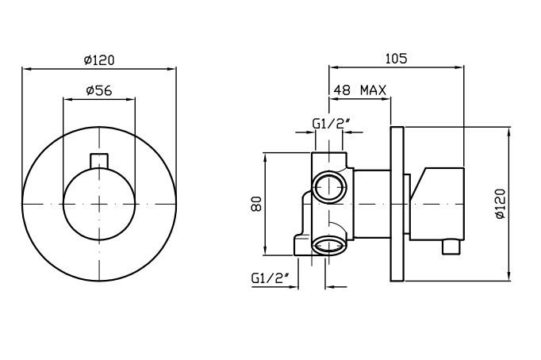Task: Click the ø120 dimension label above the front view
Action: (99, 60)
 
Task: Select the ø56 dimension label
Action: (99, 90)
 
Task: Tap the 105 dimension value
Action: (396, 59)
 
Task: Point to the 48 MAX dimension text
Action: (360, 90)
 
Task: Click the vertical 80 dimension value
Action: (257, 204)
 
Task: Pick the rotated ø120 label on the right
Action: (500, 204)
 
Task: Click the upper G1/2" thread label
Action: (332, 124)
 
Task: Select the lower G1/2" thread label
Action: (270, 278)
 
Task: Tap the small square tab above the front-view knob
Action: (99, 161)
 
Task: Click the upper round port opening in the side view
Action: (329, 187)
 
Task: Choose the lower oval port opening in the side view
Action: (328, 246)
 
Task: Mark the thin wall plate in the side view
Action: (397, 204)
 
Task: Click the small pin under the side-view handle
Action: (451, 247)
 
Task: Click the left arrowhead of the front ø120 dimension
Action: (26, 69)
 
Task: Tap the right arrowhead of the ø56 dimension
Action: (131, 100)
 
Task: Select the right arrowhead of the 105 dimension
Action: (460, 67)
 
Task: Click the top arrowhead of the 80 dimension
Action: (265, 157)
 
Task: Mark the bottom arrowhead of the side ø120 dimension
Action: (509, 277)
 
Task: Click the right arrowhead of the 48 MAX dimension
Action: (386, 99)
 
